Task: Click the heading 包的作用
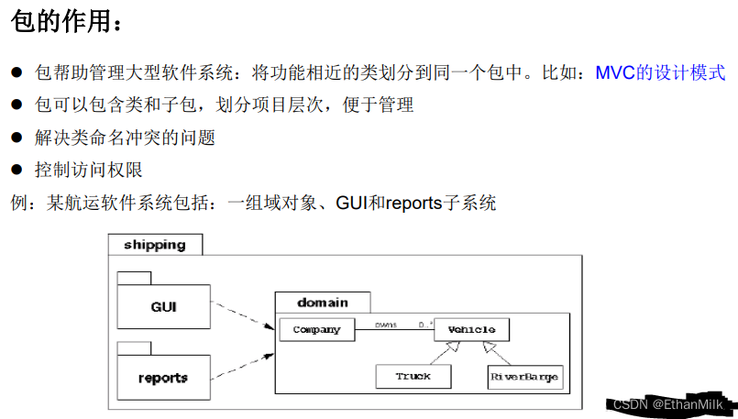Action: tap(64, 24)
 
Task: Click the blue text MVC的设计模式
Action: tap(660, 72)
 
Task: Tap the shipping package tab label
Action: tap(154, 245)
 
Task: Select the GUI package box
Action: tap(163, 307)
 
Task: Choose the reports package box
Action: tap(163, 377)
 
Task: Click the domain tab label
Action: tap(323, 303)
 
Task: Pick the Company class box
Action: tap(316, 330)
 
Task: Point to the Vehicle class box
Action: tap(471, 330)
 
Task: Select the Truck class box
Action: tap(414, 377)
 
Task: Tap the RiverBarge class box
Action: tap(523, 377)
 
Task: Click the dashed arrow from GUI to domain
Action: tap(243, 315)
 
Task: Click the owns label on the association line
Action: tap(385, 325)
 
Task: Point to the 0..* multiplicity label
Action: tap(425, 325)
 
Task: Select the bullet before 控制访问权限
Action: tap(16, 171)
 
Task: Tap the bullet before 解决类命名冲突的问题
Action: tap(16, 138)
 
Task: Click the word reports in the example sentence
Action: tap(414, 203)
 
